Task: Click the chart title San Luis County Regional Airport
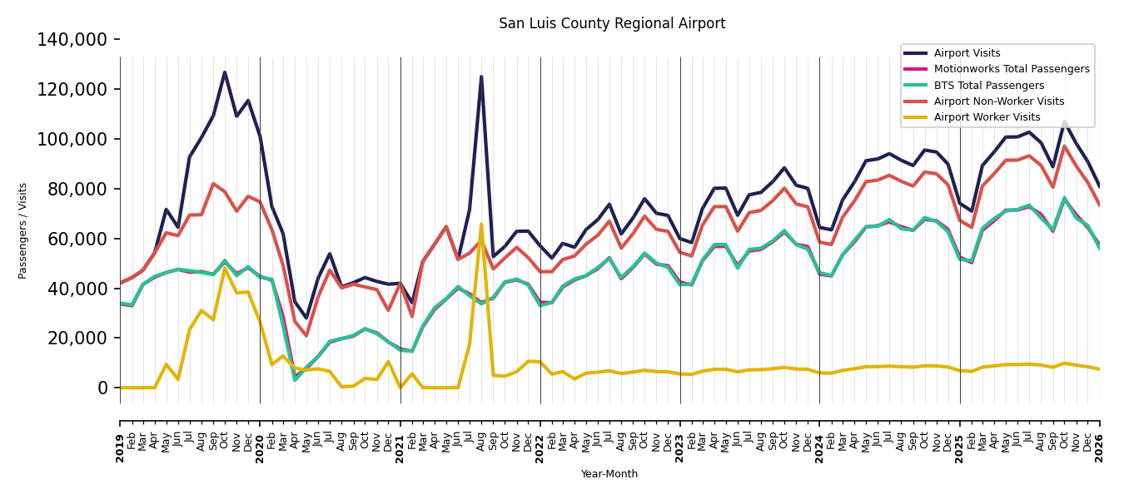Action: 612,23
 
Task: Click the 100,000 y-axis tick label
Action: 72,139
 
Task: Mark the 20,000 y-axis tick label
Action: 77,338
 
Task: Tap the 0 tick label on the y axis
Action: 102,388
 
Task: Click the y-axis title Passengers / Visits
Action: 22,231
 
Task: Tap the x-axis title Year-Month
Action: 609,473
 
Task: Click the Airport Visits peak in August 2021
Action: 481,77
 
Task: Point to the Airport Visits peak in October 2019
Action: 224,72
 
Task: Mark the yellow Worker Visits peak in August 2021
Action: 481,225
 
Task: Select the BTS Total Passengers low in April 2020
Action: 295,380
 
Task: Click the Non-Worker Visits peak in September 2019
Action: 213,184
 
